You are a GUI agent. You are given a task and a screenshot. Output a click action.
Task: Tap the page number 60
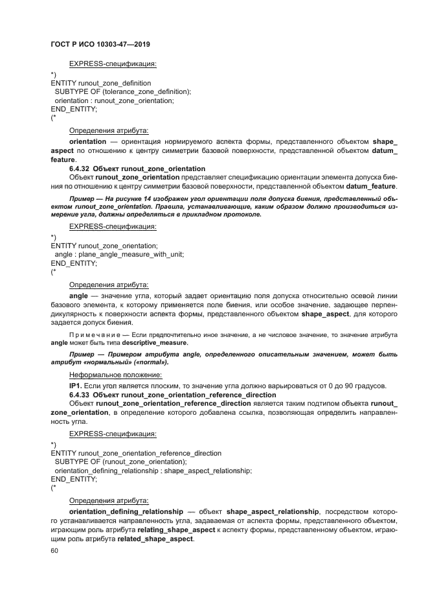tap(54, 551)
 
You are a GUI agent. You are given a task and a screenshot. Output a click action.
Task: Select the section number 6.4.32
tap(80, 168)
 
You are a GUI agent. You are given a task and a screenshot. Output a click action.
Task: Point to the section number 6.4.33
tap(80, 395)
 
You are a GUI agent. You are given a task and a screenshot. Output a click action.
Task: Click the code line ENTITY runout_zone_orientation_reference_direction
tap(135, 453)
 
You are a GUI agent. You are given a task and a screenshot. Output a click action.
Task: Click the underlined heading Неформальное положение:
tap(106, 375)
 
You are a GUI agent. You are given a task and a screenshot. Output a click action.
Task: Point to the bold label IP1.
tap(74, 386)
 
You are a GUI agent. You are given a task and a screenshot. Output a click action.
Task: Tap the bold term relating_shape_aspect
tap(176, 530)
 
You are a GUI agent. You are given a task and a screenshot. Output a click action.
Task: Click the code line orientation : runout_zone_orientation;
tap(114, 100)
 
